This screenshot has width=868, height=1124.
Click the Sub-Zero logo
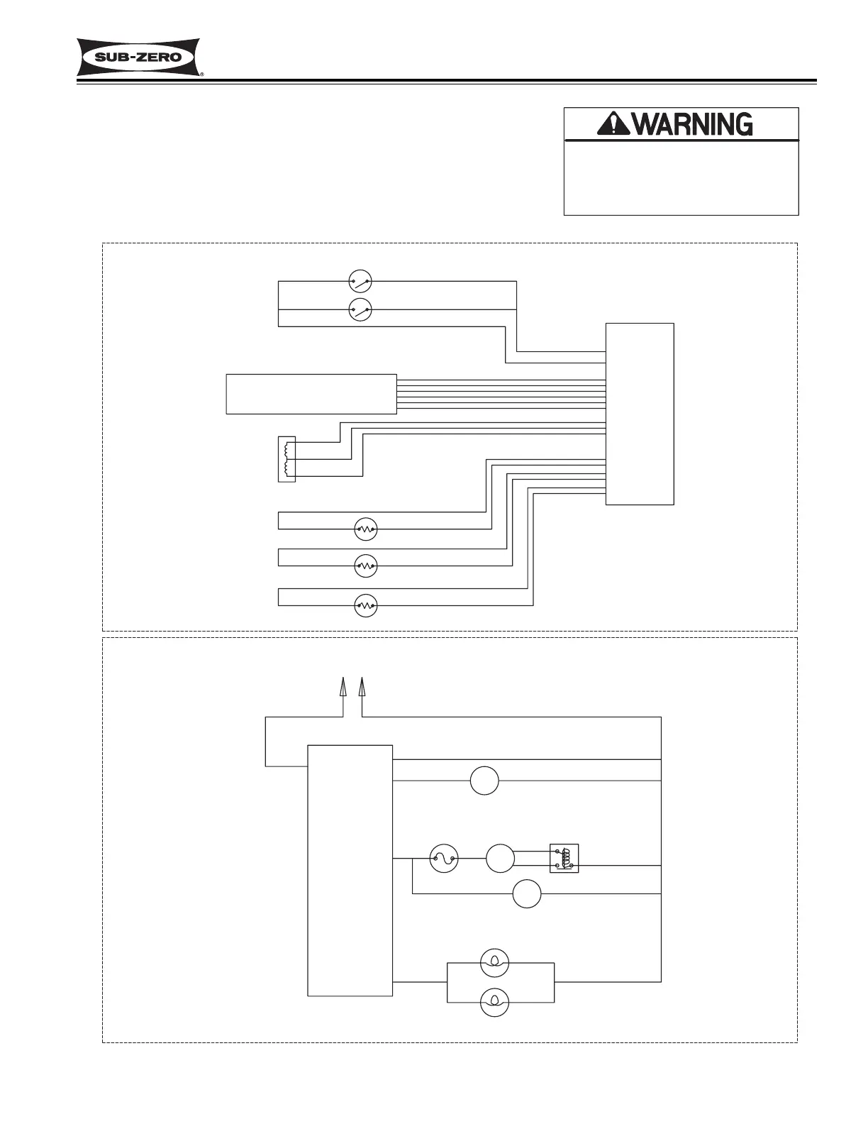139,57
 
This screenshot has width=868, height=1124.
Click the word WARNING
692,125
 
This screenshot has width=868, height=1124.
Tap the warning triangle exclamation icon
611,124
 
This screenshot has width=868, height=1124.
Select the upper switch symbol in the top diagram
360,282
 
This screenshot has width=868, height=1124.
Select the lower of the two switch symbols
360,309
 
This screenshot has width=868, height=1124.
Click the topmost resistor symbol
365,529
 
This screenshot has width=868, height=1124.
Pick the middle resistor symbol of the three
365,566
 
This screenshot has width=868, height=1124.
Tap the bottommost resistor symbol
365,605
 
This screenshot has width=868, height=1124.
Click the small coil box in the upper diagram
286,459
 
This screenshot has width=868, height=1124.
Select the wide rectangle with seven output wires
311,394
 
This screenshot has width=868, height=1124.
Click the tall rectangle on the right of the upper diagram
640,414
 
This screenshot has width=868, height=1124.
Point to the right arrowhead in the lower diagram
362,687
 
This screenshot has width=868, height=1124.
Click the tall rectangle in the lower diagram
350,870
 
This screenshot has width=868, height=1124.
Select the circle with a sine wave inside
444,859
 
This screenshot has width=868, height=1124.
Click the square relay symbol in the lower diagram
564,858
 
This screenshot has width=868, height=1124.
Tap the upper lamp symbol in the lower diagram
494,963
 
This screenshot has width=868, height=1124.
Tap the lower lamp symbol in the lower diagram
494,1002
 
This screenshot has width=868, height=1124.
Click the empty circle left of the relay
500,859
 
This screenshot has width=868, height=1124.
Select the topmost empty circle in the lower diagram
484,781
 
